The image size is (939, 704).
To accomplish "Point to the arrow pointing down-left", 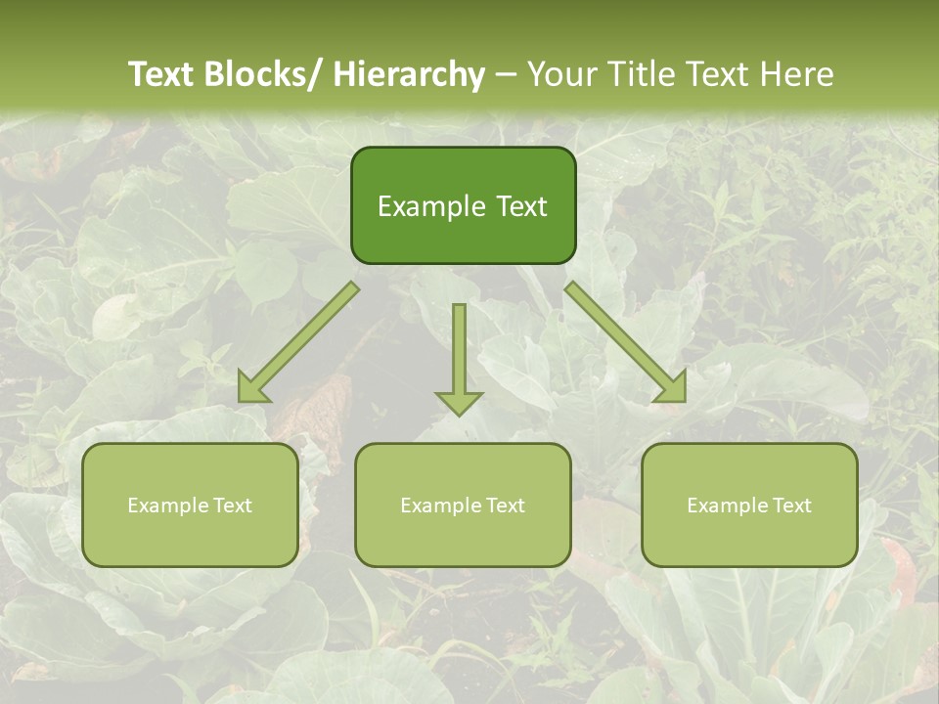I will (298, 342).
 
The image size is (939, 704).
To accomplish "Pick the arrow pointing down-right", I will (626, 342).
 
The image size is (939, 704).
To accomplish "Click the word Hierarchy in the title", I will (408, 74).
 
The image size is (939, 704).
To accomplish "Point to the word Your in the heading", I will (560, 74).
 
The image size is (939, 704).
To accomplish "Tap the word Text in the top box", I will (521, 206).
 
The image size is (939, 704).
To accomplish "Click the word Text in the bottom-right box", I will (792, 506).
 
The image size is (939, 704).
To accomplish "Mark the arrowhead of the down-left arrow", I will (251, 389).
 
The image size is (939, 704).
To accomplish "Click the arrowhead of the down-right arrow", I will (673, 389).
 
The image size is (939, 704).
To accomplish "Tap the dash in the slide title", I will (506, 74).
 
